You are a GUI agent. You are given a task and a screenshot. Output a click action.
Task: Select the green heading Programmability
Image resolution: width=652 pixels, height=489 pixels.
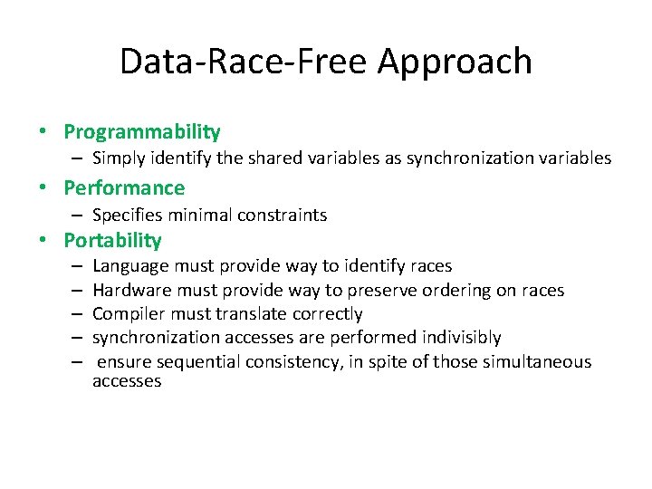[x=142, y=132]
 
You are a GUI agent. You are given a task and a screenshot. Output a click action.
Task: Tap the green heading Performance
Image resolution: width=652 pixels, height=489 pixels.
[x=124, y=188]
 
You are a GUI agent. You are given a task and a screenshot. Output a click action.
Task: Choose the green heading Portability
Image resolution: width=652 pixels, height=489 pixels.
[x=112, y=241]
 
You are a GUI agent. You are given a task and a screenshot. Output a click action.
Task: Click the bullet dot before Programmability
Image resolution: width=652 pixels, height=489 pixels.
[x=43, y=132]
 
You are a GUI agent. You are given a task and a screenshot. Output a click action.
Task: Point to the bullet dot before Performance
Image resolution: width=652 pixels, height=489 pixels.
[x=43, y=188]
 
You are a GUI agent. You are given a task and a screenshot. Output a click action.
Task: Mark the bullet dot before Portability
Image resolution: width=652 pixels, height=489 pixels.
[x=43, y=241]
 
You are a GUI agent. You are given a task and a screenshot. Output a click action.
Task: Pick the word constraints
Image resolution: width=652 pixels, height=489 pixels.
[x=282, y=216]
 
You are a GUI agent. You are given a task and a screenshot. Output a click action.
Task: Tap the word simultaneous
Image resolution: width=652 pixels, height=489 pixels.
[x=532, y=362]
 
